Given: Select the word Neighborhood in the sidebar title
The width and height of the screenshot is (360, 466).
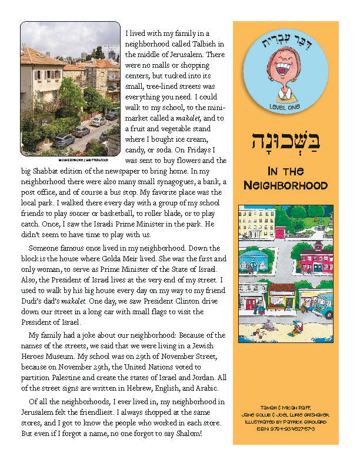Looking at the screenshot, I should pos(285,185).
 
